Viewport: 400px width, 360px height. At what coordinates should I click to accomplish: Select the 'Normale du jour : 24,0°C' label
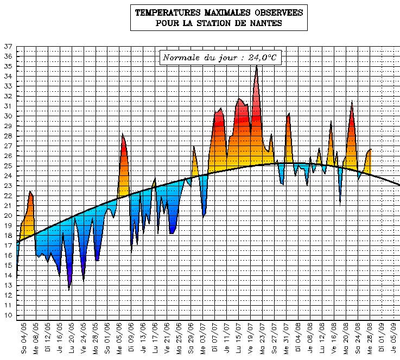click(x=220, y=57)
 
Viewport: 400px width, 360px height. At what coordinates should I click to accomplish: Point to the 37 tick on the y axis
click(x=8, y=47)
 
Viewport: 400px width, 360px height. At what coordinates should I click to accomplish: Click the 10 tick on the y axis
click(x=8, y=315)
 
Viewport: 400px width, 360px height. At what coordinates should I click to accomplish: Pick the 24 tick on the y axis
click(x=8, y=176)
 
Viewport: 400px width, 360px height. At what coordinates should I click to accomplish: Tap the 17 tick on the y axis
click(x=8, y=245)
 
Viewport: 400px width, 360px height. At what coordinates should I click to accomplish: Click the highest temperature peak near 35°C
click(x=256, y=66)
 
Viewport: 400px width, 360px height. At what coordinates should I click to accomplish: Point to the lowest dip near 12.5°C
click(x=69, y=289)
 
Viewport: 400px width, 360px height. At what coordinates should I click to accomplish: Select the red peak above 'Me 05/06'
click(x=123, y=134)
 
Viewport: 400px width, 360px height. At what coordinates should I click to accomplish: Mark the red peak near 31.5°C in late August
click(x=352, y=102)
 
